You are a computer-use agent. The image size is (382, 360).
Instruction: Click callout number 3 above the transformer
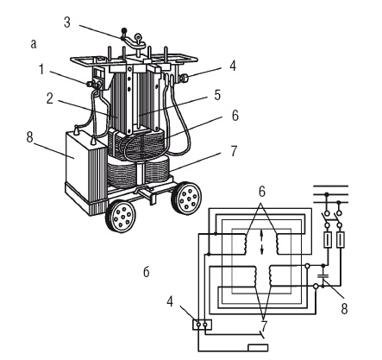click(67, 22)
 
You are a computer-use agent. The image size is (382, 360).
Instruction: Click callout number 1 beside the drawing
click(42, 70)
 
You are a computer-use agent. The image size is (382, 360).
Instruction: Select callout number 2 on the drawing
click(50, 98)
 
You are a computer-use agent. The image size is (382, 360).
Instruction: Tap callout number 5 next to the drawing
click(217, 95)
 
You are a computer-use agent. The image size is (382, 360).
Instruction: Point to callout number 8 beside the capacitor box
click(30, 137)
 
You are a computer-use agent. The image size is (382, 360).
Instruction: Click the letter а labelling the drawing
click(34, 44)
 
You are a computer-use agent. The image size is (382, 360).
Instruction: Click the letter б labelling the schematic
click(147, 271)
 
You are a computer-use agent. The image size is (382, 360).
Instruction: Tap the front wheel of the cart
click(121, 215)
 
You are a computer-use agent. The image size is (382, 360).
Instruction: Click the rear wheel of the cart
click(186, 198)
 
